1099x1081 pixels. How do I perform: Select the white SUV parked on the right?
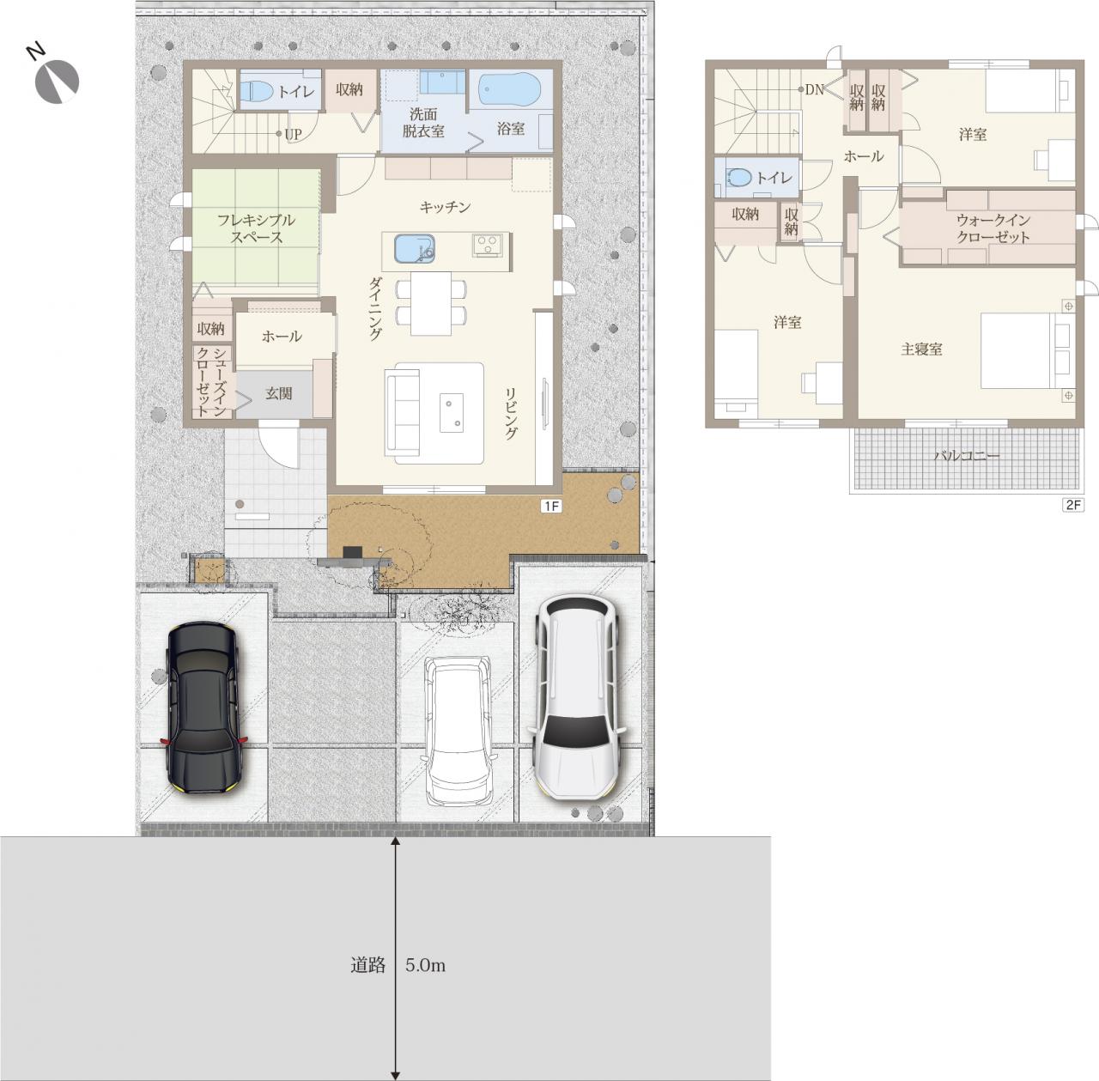coord(577,696)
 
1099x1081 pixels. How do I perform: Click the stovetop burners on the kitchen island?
coord(488,246)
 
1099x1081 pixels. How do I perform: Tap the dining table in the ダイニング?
coord(431,303)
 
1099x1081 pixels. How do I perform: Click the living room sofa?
coord(402,412)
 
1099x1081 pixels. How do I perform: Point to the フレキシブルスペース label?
coord(256,228)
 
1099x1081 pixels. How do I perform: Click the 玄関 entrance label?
coord(278,392)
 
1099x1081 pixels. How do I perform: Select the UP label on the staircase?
coord(293,135)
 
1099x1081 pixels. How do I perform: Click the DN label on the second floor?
coord(815,89)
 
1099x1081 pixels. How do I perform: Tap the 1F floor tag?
coord(551,506)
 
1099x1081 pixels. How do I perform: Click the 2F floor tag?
coord(1073,504)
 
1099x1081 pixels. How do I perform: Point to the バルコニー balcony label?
coord(967,456)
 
